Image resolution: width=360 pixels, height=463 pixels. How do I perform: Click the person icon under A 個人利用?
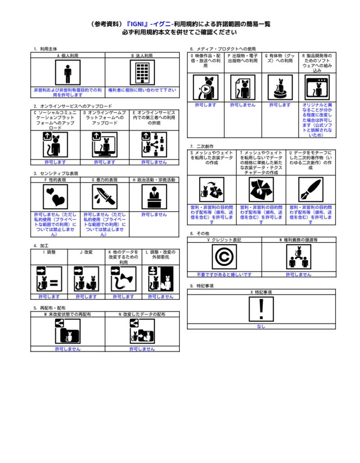click(x=68, y=72)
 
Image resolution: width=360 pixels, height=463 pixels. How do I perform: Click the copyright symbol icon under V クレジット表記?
click(x=224, y=257)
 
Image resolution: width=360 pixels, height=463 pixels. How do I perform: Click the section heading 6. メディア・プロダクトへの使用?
click(x=223, y=49)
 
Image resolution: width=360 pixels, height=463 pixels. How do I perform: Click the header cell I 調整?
click(x=49, y=252)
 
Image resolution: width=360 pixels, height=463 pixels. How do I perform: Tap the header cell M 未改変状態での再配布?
click(x=68, y=314)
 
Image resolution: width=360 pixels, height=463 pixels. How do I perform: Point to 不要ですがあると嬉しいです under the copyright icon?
click(x=224, y=274)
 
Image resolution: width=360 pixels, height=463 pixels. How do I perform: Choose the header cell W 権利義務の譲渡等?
click(x=299, y=240)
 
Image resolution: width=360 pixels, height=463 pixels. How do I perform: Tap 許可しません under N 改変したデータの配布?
click(x=142, y=349)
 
